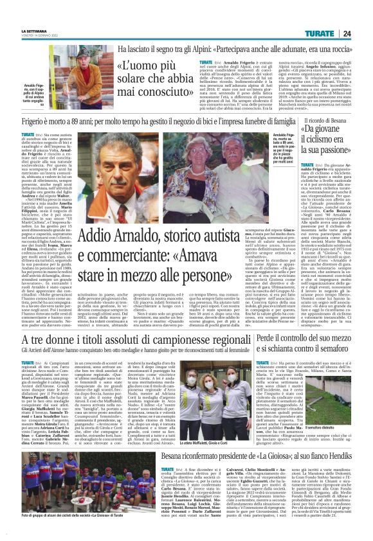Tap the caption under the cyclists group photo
[74, 533]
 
